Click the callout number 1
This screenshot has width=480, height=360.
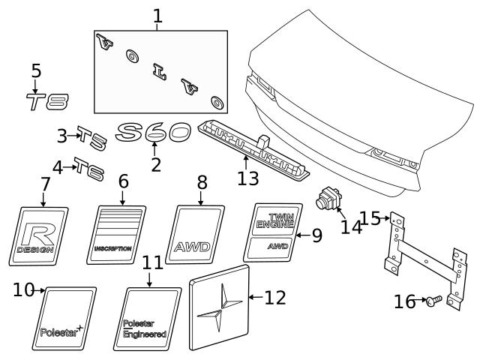(157, 14)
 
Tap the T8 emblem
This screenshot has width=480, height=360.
(47, 101)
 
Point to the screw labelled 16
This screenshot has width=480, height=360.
(433, 301)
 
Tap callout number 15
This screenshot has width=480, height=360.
(370, 218)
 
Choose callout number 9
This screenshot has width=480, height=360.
(316, 235)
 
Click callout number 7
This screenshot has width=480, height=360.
(45, 183)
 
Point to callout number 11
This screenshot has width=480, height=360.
(152, 263)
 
